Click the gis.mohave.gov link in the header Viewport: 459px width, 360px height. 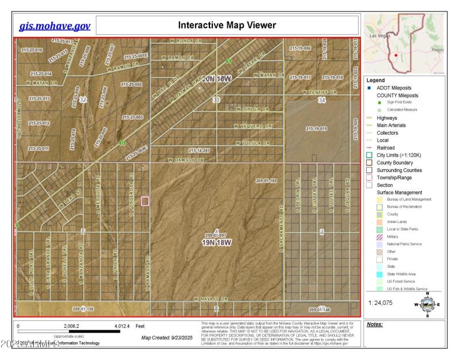(x=55, y=26)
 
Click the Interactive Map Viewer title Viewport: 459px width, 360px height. (x=227, y=26)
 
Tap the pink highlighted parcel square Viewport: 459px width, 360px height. (x=145, y=201)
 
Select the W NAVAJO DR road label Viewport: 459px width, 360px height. (x=211, y=299)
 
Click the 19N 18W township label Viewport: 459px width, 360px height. (x=217, y=242)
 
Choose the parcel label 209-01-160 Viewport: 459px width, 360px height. (x=266, y=181)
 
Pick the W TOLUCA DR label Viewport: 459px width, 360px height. (x=252, y=143)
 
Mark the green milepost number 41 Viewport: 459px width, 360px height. (x=228, y=61)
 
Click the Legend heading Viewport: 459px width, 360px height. (x=375, y=80)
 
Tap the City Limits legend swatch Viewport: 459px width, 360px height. (x=370, y=155)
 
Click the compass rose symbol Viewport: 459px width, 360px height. (x=427, y=304)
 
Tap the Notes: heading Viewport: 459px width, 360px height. (x=374, y=324)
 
